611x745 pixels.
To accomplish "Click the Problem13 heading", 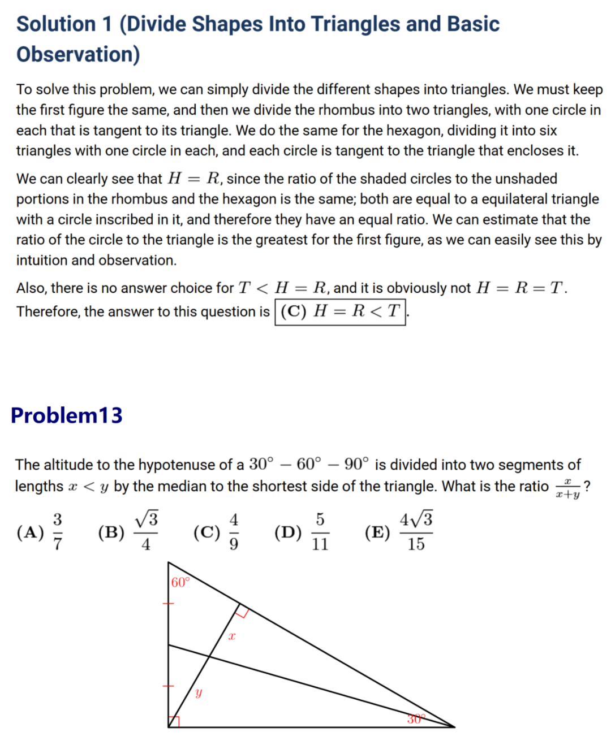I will pyautogui.click(x=66, y=415).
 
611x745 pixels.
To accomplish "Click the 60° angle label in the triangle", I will pyautogui.click(x=180, y=582).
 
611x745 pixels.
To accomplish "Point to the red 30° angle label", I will pyautogui.click(x=416, y=719).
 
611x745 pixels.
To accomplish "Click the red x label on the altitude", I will pyautogui.click(x=232, y=636).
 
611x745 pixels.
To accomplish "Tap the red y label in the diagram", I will pyautogui.click(x=199, y=692).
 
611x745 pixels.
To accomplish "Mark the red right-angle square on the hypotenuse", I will pyautogui.click(x=242, y=610).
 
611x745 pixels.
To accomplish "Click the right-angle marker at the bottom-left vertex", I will pyautogui.click(x=174, y=722).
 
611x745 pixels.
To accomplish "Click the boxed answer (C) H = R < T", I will pyautogui.click(x=341, y=311).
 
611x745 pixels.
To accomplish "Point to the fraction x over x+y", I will pyautogui.click(x=567, y=488).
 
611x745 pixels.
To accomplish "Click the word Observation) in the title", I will pyautogui.click(x=78, y=54).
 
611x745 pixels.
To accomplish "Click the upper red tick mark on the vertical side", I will pyautogui.click(x=168, y=604).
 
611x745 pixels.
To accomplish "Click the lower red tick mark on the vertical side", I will pyautogui.click(x=168, y=686).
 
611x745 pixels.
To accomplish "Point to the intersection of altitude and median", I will pyautogui.click(x=210, y=656).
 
